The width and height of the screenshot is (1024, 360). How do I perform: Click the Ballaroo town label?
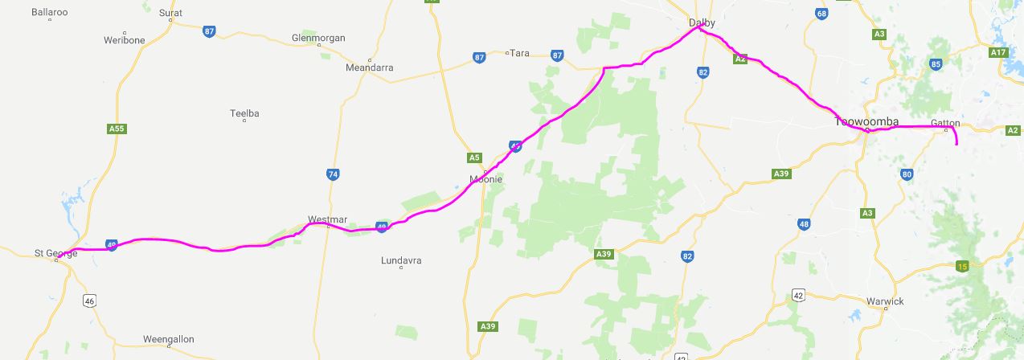(49, 13)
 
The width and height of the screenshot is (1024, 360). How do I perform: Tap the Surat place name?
(170, 13)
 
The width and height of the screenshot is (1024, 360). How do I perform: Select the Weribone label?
(125, 40)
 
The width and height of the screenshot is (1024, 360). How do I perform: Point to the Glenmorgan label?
(318, 38)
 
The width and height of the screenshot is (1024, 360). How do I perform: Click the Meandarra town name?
(369, 68)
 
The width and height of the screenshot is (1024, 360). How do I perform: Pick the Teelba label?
(244, 114)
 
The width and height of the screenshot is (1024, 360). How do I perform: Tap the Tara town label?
(521, 53)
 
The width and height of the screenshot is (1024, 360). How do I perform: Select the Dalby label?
(702, 22)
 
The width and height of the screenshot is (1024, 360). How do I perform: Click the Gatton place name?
(945, 123)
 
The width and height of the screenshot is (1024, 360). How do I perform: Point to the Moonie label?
(486, 179)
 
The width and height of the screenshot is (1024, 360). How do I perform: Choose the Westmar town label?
(327, 219)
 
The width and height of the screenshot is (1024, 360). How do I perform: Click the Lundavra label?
(401, 261)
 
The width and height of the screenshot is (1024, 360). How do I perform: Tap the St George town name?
(55, 253)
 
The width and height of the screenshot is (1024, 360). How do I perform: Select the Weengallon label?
(168, 339)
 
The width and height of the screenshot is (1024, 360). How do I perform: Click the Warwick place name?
(885, 301)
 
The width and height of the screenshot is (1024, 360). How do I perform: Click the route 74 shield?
(333, 174)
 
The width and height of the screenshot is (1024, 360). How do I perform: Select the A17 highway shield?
(998, 52)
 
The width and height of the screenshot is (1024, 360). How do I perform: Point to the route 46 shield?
(89, 301)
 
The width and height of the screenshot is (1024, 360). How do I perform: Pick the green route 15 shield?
(962, 266)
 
